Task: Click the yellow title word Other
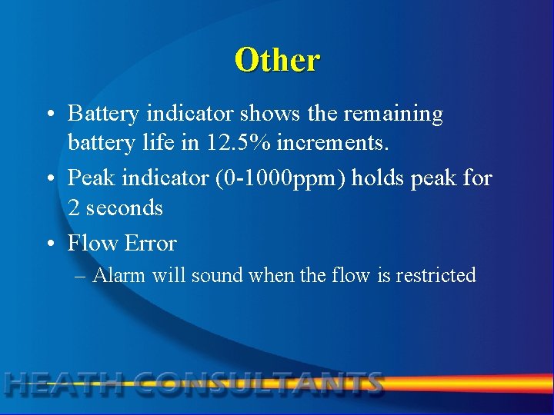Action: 277,60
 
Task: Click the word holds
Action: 381,178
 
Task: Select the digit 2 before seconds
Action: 75,208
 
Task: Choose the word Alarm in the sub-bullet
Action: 119,275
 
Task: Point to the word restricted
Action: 436,275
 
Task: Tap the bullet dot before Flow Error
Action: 50,244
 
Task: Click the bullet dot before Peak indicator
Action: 50,179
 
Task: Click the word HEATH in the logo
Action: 62,383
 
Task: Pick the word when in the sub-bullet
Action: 269,275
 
